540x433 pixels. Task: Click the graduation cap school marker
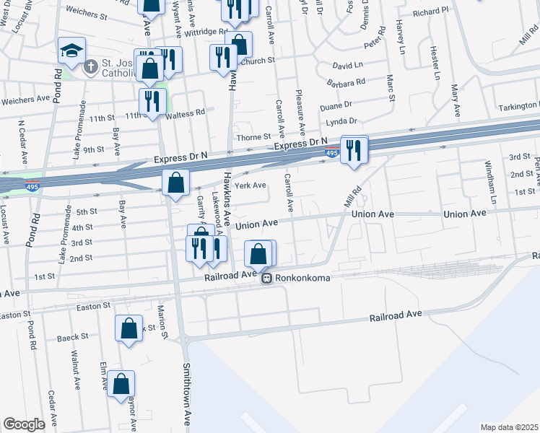[x=72, y=51]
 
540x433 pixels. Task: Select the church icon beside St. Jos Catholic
[x=90, y=67]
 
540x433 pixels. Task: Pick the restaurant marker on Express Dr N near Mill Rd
[x=354, y=151]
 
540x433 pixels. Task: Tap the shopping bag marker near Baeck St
[x=128, y=329]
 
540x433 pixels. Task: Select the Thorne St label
[x=252, y=136]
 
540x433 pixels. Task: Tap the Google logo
[x=24, y=424]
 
